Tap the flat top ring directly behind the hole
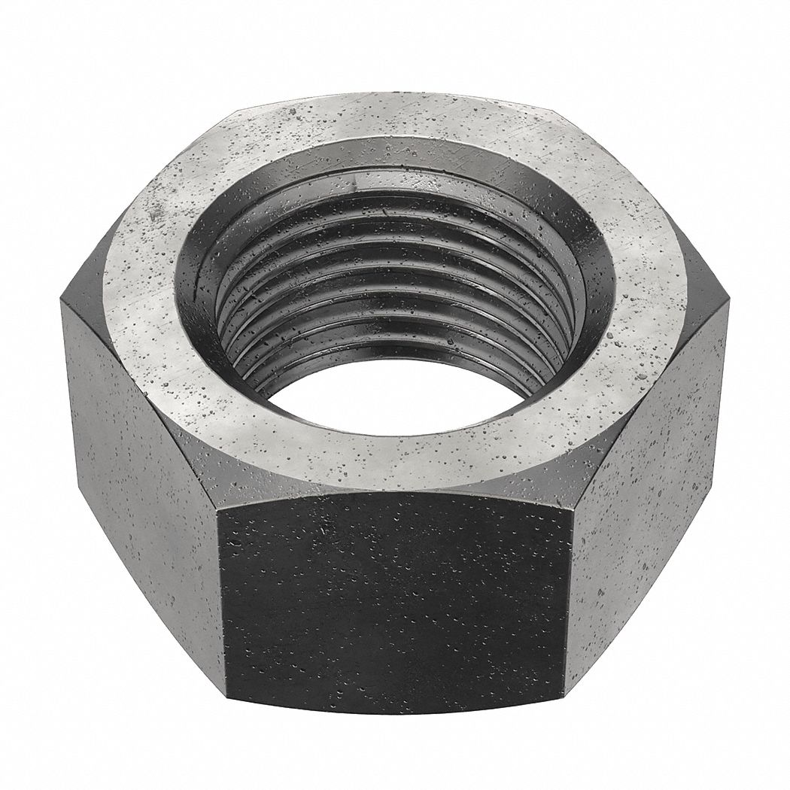pyautogui.click(x=391, y=128)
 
